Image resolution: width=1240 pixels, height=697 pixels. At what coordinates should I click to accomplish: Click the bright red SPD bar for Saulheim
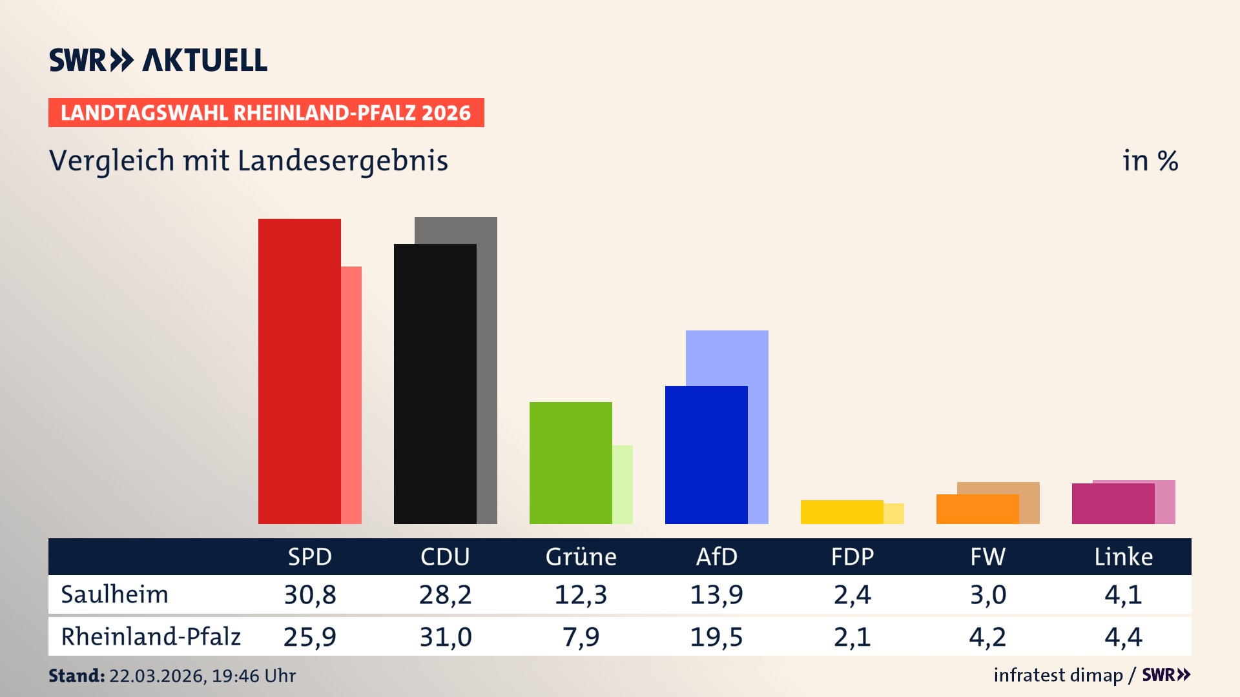click(x=299, y=371)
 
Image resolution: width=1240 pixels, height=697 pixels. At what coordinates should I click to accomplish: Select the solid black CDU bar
click(x=435, y=384)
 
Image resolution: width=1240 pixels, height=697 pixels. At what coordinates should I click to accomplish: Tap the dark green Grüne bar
click(x=570, y=463)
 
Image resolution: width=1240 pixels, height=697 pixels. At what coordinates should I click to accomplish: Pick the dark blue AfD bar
click(x=706, y=455)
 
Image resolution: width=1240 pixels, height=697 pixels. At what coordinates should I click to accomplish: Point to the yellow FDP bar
click(x=842, y=512)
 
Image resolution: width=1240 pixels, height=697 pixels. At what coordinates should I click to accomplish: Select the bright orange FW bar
click(x=977, y=509)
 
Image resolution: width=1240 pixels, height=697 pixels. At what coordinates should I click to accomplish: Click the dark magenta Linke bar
click(x=1113, y=503)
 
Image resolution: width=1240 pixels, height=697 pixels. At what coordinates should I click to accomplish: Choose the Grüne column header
click(x=581, y=556)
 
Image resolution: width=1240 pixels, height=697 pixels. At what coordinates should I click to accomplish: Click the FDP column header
click(x=852, y=556)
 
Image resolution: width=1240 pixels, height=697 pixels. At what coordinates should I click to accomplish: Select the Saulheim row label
click(x=114, y=594)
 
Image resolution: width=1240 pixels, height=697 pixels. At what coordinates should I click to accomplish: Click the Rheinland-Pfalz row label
click(x=150, y=637)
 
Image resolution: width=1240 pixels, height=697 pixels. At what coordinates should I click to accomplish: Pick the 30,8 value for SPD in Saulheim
click(x=310, y=594)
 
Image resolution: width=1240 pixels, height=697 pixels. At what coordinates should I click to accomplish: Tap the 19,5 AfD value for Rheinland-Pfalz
click(x=716, y=637)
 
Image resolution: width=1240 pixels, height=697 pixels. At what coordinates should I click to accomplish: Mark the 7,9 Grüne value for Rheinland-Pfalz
click(x=581, y=637)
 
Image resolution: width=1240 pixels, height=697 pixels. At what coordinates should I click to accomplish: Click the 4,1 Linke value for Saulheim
click(x=1123, y=594)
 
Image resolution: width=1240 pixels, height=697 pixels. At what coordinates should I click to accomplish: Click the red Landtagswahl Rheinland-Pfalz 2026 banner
click(x=266, y=113)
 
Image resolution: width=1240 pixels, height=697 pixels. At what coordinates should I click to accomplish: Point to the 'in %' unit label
click(x=1150, y=161)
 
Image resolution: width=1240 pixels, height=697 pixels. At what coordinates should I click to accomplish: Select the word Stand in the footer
click(x=76, y=676)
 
